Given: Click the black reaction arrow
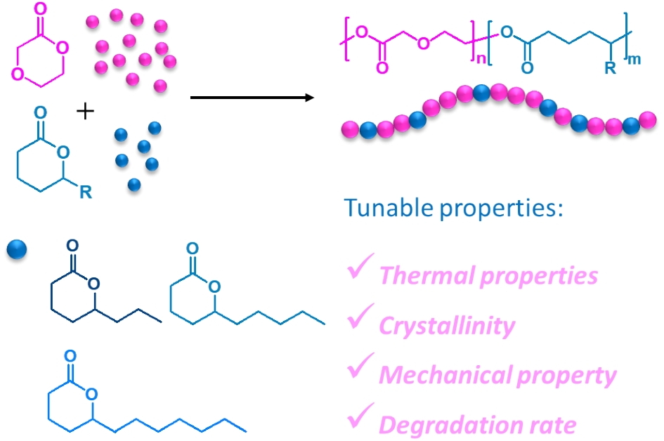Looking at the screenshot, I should [252, 97].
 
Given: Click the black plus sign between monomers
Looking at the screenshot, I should [85, 112].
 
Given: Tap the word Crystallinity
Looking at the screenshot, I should [447, 326].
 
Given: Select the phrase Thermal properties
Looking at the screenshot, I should [488, 275].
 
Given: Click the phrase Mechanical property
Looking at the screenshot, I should [497, 376].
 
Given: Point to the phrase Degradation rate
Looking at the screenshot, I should [478, 425].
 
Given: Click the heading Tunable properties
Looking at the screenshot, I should [454, 209].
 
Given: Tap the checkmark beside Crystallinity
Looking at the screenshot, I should [361, 320].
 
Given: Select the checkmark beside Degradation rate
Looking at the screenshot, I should [361, 419].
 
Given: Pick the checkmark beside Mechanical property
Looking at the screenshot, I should [361, 369].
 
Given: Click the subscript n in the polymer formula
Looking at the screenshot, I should [481, 59].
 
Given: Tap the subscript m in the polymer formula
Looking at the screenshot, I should [634, 59].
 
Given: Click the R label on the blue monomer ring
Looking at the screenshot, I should [85, 192].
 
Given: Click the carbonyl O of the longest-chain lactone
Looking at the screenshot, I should [70, 355].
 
